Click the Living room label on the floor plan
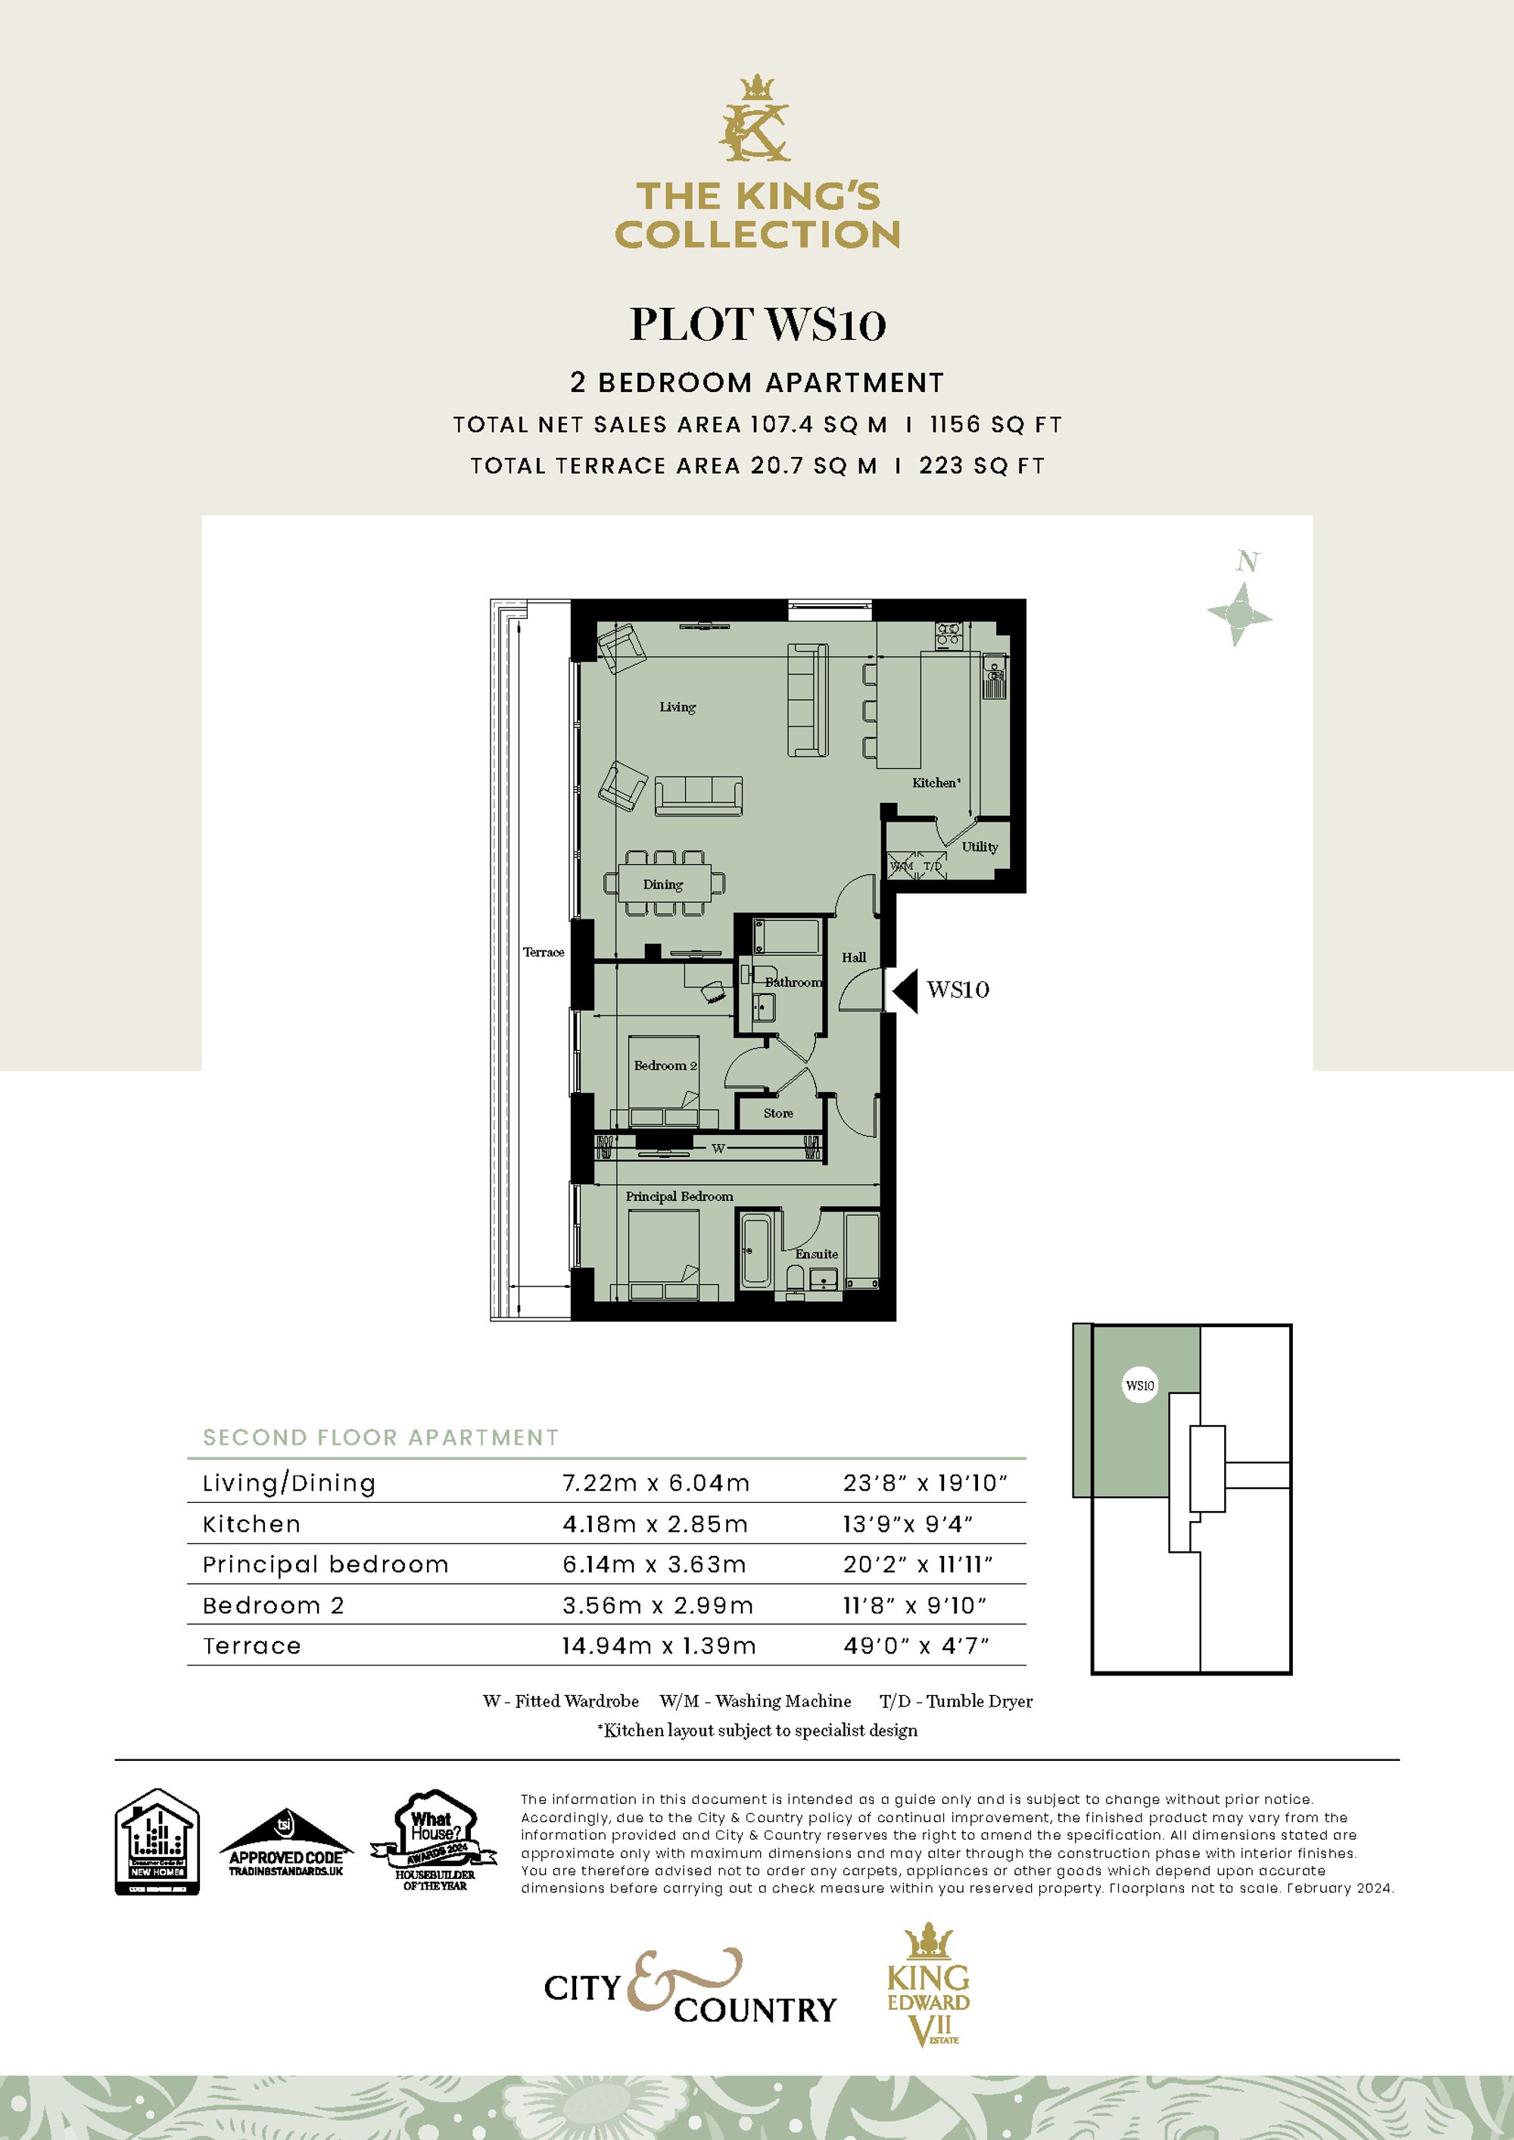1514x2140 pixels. click(677, 708)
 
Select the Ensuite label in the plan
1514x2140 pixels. click(816, 1255)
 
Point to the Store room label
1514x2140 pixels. click(777, 1114)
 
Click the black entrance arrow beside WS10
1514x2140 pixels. click(905, 991)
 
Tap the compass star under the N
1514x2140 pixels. click(1239, 614)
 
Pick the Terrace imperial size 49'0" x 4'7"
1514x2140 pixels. click(915, 1647)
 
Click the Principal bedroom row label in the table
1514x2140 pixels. click(326, 1565)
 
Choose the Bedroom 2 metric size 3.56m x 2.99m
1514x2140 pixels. click(657, 1606)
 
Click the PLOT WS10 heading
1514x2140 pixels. click(757, 325)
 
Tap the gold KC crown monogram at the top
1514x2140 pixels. click(756, 120)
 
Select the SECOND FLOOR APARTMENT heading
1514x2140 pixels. click(380, 1437)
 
